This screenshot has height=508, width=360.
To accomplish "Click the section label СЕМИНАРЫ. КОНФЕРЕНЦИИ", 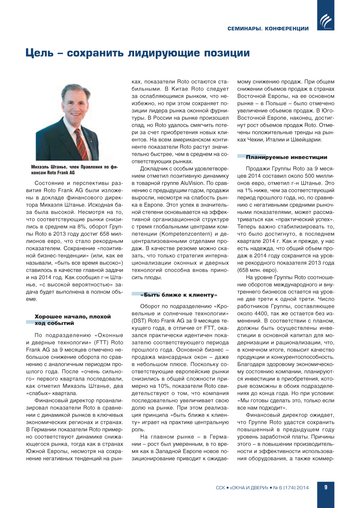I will click(268, 29).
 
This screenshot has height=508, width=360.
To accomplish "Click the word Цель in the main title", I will click(39, 53).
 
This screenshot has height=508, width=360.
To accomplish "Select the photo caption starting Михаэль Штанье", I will click(75, 170).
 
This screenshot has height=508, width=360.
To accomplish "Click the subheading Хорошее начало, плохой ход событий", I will click(72, 320).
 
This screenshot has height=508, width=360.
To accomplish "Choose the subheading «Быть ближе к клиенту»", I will click(179, 295).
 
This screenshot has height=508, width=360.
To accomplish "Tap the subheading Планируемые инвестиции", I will click(287, 157).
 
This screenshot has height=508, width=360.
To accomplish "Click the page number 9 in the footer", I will click(326, 487).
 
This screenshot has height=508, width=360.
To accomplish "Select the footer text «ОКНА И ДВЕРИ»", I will click(249, 488).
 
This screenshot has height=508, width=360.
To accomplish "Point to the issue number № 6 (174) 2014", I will click(291, 488).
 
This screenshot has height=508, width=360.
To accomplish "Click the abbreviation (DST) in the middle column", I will click(139, 321).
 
